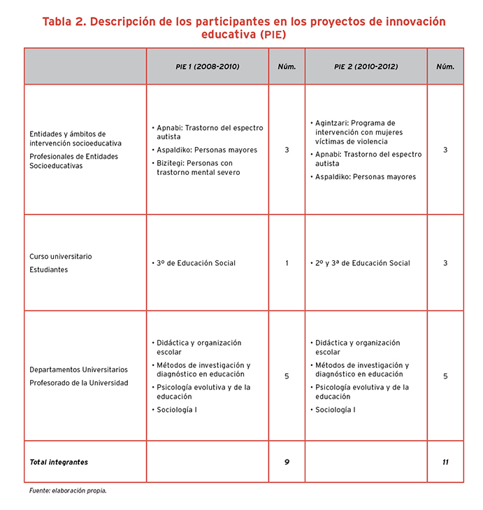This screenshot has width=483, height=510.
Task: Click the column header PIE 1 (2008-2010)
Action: tap(208, 66)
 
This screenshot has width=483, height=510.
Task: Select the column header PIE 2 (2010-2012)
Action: tap(366, 66)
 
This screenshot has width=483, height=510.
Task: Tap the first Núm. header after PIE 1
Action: tap(287, 66)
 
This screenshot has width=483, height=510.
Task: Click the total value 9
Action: tap(287, 462)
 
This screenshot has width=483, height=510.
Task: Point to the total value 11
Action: tap(445, 462)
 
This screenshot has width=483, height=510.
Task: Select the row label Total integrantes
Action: tap(59, 462)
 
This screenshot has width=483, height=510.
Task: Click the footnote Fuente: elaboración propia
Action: tap(68, 491)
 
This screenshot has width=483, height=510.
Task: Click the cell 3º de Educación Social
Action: tap(196, 263)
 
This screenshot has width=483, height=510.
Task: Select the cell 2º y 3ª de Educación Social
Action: tap(362, 263)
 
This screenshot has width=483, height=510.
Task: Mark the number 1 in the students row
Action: tap(287, 263)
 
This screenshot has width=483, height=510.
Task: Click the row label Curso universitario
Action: tap(61, 257)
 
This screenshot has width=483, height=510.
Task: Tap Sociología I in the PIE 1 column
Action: tap(177, 409)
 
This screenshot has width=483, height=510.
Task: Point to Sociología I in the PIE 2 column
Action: tap(336, 409)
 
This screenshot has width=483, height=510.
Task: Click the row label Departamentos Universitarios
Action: tap(78, 369)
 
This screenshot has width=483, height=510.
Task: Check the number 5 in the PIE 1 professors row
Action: tap(287, 376)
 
